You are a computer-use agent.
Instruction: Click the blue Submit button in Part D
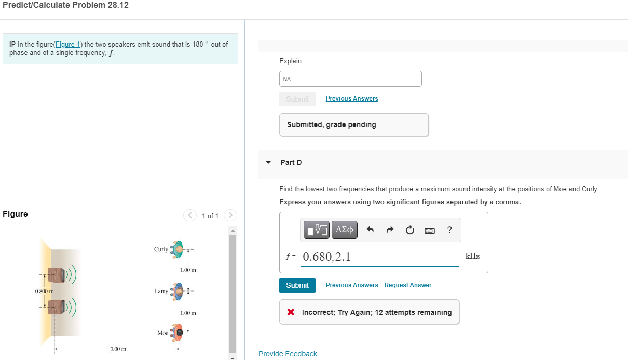pyautogui.click(x=297, y=285)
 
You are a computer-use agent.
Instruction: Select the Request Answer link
pyautogui.click(x=407, y=285)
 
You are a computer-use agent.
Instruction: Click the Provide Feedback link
pyautogui.click(x=288, y=354)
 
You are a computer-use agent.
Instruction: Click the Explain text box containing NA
pyautogui.click(x=350, y=79)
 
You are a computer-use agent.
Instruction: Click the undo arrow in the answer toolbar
pyautogui.click(x=370, y=230)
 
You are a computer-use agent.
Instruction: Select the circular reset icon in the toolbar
pyautogui.click(x=410, y=230)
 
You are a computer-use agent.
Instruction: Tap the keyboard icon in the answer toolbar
pyautogui.click(x=430, y=230)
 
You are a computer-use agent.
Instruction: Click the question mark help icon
pyautogui.click(x=449, y=230)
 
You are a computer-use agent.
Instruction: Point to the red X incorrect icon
pyautogui.click(x=291, y=312)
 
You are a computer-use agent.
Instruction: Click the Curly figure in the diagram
pyautogui.click(x=178, y=249)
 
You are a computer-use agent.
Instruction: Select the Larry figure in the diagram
pyautogui.click(x=177, y=290)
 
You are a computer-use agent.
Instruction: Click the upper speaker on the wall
pyautogui.click(x=57, y=275)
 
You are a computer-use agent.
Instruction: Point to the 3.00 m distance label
pyautogui.click(x=118, y=349)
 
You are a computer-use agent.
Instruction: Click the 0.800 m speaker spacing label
pyautogui.click(x=42, y=291)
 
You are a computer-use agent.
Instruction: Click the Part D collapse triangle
pyautogui.click(x=268, y=162)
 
